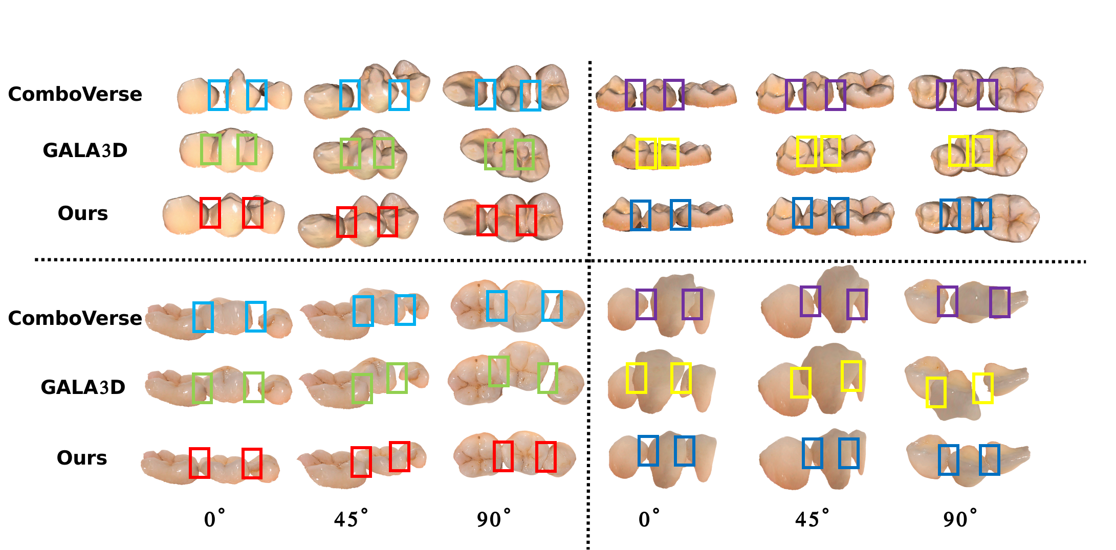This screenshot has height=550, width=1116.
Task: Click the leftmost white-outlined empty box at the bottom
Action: [220, 523]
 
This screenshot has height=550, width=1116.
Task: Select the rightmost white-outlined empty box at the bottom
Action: [965, 523]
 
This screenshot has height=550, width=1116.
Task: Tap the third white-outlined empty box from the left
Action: [495, 523]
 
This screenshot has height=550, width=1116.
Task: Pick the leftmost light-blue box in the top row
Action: [218, 95]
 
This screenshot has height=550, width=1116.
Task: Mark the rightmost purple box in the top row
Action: [987, 94]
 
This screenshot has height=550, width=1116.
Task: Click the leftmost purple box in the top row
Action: [635, 94]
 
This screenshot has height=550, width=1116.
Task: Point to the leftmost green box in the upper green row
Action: [211, 149]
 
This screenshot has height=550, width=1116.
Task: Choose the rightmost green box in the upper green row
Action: [524, 155]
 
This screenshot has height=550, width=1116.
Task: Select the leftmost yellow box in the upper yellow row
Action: [646, 153]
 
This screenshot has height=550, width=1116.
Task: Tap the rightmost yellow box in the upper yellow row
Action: [982, 150]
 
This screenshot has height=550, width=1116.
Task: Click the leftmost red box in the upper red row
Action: [210, 213]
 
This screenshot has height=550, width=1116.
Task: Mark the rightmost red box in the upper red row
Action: [526, 220]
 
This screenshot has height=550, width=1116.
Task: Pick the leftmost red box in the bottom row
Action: [199, 463]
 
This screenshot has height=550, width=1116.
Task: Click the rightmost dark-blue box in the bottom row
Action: [989, 459]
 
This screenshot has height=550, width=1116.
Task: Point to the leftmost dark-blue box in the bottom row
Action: [648, 450]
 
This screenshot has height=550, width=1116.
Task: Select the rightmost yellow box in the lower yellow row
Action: [982, 388]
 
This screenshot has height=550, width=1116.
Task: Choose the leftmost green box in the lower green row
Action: [202, 388]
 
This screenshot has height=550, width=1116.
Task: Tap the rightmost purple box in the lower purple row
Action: [999, 302]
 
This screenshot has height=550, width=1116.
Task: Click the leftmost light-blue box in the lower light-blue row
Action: [203, 317]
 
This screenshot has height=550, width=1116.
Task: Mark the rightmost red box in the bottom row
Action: [545, 456]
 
